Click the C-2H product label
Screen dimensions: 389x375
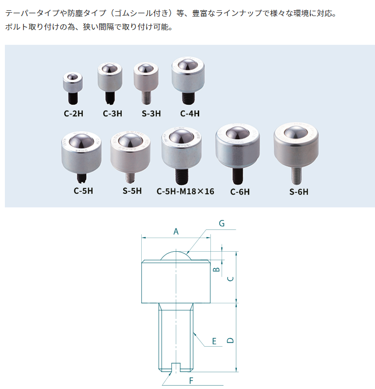pyautogui.click(x=73, y=113)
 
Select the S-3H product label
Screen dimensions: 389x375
pyautogui.click(x=151, y=113)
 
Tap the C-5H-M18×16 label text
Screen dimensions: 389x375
pyautogui.click(x=185, y=191)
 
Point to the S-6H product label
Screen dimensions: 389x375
pyautogui.click(x=299, y=191)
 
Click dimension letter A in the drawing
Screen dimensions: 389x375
pyautogui.click(x=176, y=232)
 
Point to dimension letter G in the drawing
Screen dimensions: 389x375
pyautogui.click(x=222, y=223)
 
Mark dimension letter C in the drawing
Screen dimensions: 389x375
pyautogui.click(x=231, y=278)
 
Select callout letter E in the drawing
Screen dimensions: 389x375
pyautogui.click(x=214, y=341)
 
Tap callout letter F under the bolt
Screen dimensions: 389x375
pyautogui.click(x=191, y=380)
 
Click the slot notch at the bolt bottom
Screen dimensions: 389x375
pyautogui.click(x=176, y=366)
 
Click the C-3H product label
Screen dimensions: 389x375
pyautogui.click(x=112, y=113)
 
